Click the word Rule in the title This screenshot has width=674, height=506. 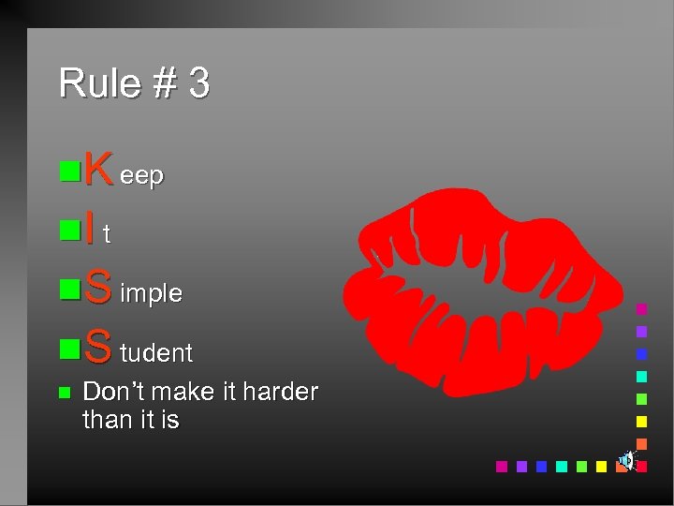(x=90, y=83)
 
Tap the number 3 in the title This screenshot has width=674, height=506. (x=198, y=83)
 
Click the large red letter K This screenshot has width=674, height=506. (x=98, y=171)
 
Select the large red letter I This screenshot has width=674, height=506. (x=89, y=229)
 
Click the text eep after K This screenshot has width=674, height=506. (x=141, y=176)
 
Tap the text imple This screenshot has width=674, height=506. (x=151, y=293)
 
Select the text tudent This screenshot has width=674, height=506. (x=156, y=353)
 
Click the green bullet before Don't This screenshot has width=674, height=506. (x=64, y=393)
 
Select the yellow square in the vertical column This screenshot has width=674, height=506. (x=641, y=421)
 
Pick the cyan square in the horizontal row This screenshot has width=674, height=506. (x=561, y=466)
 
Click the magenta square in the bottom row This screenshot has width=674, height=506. (x=501, y=466)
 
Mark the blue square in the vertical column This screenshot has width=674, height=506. (x=641, y=353)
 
